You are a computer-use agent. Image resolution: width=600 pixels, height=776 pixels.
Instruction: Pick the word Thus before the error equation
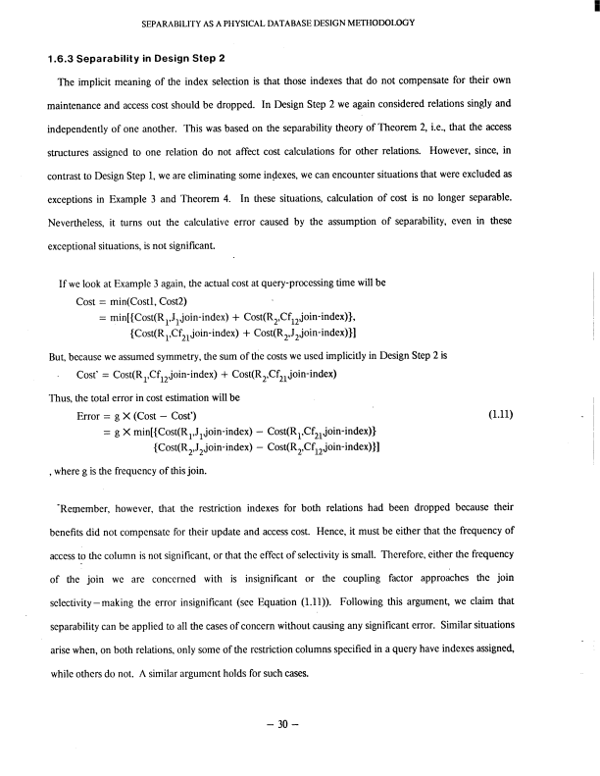click(59, 402)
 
